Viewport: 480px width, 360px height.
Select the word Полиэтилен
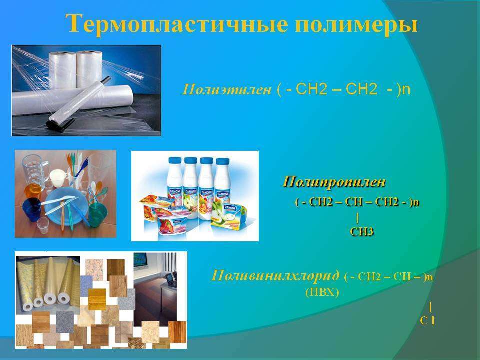227,89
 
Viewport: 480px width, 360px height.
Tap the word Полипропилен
334,182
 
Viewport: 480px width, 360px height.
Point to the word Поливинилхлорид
275,275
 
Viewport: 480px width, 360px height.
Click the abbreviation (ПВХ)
322,292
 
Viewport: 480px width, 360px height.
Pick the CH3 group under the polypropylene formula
362,231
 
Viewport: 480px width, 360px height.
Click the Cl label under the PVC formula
427,320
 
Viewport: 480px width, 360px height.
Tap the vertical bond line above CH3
357,218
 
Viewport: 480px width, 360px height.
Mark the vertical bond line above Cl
430,306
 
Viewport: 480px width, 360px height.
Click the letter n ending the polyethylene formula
406,89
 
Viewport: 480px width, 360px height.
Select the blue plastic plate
64,206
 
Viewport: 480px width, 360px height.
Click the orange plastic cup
33,191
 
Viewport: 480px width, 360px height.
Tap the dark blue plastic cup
32,209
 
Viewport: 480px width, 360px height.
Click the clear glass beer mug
34,170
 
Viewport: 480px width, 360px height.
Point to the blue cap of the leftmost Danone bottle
175,160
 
